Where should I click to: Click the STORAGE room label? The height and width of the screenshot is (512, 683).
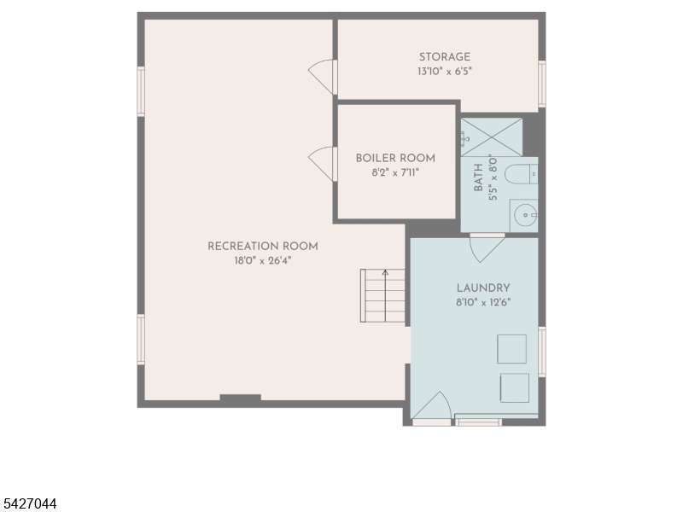(x=444, y=57)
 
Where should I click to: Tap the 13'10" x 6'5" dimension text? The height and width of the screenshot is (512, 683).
(x=444, y=72)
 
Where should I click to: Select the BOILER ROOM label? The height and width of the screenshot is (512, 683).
(x=395, y=158)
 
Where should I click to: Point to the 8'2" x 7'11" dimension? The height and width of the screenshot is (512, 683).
(x=395, y=173)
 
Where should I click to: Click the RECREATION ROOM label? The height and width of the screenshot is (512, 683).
(x=263, y=247)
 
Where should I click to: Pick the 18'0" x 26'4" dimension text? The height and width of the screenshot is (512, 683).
(x=263, y=261)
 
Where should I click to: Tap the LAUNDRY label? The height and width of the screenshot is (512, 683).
(x=483, y=288)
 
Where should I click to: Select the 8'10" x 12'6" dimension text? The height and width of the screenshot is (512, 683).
(x=483, y=302)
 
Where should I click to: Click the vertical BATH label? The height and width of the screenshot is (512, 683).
(x=478, y=177)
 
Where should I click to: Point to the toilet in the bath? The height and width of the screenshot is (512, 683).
(x=521, y=174)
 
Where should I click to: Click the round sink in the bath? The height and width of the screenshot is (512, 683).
(x=525, y=215)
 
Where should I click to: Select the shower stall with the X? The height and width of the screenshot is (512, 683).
(x=492, y=137)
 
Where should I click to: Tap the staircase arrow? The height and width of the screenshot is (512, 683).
(x=385, y=295)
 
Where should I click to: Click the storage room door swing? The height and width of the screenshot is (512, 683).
(x=321, y=77)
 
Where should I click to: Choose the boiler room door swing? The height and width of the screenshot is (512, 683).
(x=321, y=164)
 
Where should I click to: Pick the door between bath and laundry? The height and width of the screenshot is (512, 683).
(x=487, y=247)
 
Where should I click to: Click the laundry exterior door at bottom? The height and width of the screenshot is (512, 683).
(x=431, y=408)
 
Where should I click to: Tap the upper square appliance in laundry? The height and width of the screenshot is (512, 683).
(x=511, y=349)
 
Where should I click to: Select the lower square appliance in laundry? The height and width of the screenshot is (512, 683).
(x=515, y=387)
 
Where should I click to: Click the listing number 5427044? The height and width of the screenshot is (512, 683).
(x=28, y=503)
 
